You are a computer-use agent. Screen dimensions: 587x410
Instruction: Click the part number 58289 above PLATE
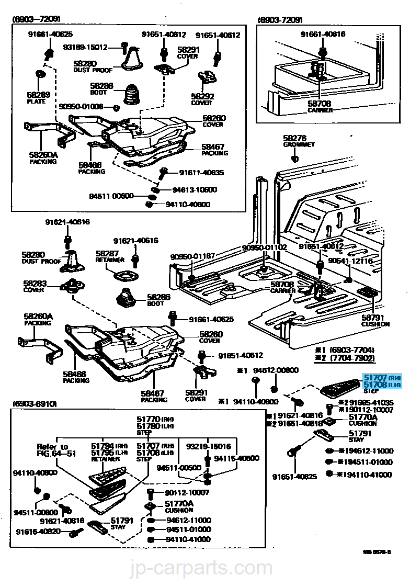click(x=38, y=95)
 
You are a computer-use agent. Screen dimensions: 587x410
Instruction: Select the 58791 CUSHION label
click(x=375, y=320)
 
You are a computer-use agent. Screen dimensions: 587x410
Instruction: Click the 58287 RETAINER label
click(x=110, y=256)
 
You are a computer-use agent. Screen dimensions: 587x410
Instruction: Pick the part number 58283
click(x=35, y=283)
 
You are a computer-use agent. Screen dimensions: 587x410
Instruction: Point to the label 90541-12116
click(x=350, y=261)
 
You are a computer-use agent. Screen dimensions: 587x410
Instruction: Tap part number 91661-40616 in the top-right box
click(x=323, y=34)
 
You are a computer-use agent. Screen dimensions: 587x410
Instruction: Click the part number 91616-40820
click(x=39, y=532)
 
